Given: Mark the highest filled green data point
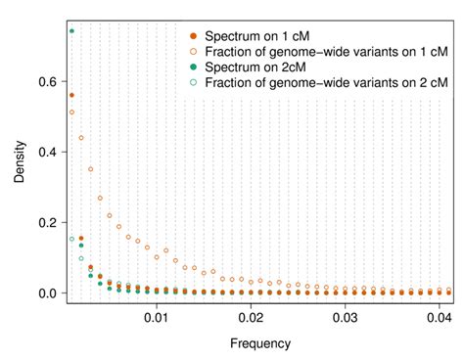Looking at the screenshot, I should coord(71,30).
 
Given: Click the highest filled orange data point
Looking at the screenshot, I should coord(71,95).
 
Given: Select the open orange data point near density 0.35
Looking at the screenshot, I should coord(91,169).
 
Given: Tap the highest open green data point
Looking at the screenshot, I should coord(71,239).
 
